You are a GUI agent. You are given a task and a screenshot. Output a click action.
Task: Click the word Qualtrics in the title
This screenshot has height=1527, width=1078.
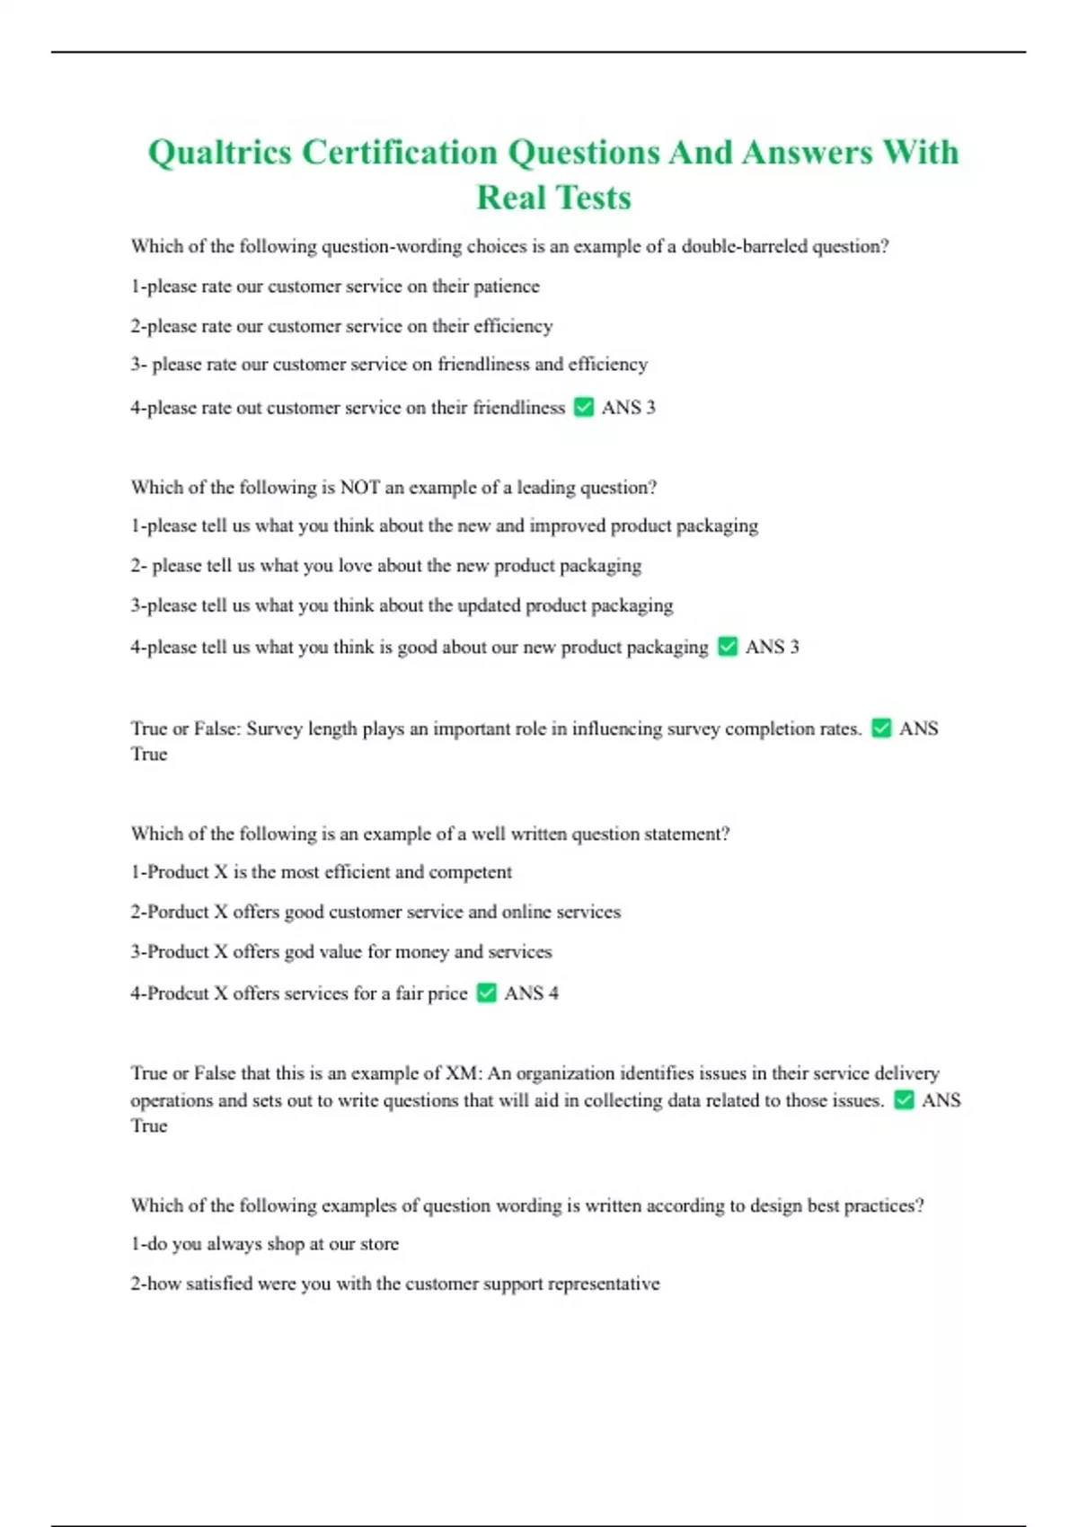(x=220, y=153)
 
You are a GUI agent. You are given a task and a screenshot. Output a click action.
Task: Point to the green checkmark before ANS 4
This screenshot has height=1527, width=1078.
(x=486, y=993)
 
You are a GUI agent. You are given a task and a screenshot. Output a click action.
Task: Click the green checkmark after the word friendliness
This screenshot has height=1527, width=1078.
(x=584, y=407)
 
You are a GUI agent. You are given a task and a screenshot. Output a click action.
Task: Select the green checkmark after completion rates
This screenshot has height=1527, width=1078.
(x=881, y=728)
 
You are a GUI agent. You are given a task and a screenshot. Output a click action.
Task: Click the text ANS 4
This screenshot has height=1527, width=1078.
(x=531, y=993)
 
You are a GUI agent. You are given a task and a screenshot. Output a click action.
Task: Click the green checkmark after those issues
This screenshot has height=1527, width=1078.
(x=904, y=1100)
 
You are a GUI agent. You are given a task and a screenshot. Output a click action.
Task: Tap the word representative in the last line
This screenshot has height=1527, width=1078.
(x=604, y=1284)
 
